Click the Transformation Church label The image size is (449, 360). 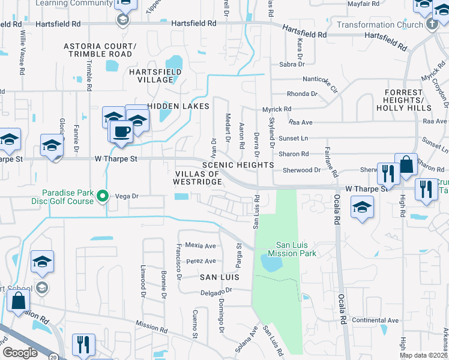pos(379,25)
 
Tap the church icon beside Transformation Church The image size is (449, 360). pos(431,25)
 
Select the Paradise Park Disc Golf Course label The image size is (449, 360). pos(68,197)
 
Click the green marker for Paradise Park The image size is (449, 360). pos(103,196)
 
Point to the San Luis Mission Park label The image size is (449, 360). pos(296,249)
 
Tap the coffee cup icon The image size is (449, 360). pos(122,130)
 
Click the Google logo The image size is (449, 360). pos(20,353)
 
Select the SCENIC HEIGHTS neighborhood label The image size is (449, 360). pos(238,165)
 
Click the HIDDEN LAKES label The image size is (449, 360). pos(178,106)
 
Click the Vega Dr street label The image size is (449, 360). pos(127,196)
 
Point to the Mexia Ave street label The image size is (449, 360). pos(200,245)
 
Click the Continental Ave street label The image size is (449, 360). pos(375,320)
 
